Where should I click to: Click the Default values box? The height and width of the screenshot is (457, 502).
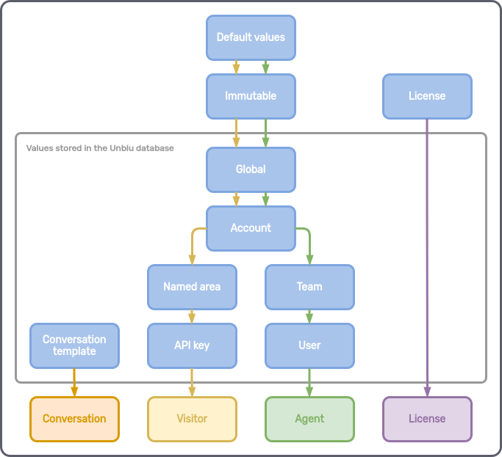pyautogui.click(x=251, y=37)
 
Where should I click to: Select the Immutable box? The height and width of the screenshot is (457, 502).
pyautogui.click(x=251, y=96)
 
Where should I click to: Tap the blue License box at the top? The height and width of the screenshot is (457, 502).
pyautogui.click(x=427, y=96)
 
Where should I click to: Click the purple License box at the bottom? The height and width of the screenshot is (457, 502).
pyautogui.click(x=427, y=419)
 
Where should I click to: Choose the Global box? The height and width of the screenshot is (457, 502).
pyautogui.click(x=251, y=169)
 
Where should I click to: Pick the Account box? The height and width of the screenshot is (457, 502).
pyautogui.click(x=251, y=228)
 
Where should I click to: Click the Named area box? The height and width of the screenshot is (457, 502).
pyautogui.click(x=192, y=287)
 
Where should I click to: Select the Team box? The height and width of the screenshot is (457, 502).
pyautogui.click(x=309, y=287)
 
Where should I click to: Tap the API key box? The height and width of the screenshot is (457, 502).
pyautogui.click(x=192, y=346)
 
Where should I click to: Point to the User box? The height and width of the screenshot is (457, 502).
pyautogui.click(x=309, y=346)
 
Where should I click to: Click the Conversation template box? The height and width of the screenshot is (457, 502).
pyautogui.click(x=74, y=346)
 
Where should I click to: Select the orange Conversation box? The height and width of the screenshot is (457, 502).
pyautogui.click(x=74, y=419)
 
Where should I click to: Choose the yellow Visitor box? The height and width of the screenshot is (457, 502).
pyautogui.click(x=192, y=419)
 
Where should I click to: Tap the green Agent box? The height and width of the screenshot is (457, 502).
pyautogui.click(x=309, y=419)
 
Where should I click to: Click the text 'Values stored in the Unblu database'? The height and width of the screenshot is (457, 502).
pyautogui.click(x=100, y=148)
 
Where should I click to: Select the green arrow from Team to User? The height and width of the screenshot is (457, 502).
pyautogui.click(x=309, y=316)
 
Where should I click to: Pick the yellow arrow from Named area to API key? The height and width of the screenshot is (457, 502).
pyautogui.click(x=192, y=316)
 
